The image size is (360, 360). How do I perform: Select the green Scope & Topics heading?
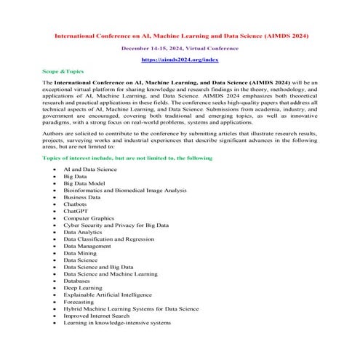[63, 71]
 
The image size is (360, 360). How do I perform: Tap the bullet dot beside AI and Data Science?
[56, 166]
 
